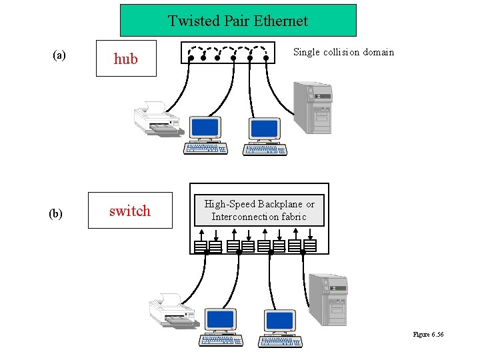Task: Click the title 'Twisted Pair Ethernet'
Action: click(237, 21)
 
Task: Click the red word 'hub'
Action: click(125, 59)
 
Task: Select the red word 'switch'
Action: click(129, 211)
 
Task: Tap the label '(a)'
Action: click(59, 55)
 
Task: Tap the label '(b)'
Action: click(56, 213)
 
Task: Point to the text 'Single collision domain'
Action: click(343, 52)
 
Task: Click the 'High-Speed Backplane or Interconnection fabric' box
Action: click(259, 210)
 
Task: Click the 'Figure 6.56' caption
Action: click(428, 334)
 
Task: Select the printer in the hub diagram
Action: click(157, 118)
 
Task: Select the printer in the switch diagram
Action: click(171, 311)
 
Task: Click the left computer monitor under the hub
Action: click(205, 128)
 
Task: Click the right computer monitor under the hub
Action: click(265, 128)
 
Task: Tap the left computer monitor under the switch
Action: click(220, 320)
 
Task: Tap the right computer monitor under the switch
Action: click(280, 320)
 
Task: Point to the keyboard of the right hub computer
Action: click(265, 149)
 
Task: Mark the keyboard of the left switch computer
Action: click(221, 341)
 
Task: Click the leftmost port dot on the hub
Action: click(191, 58)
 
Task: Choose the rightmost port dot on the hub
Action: click(267, 58)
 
